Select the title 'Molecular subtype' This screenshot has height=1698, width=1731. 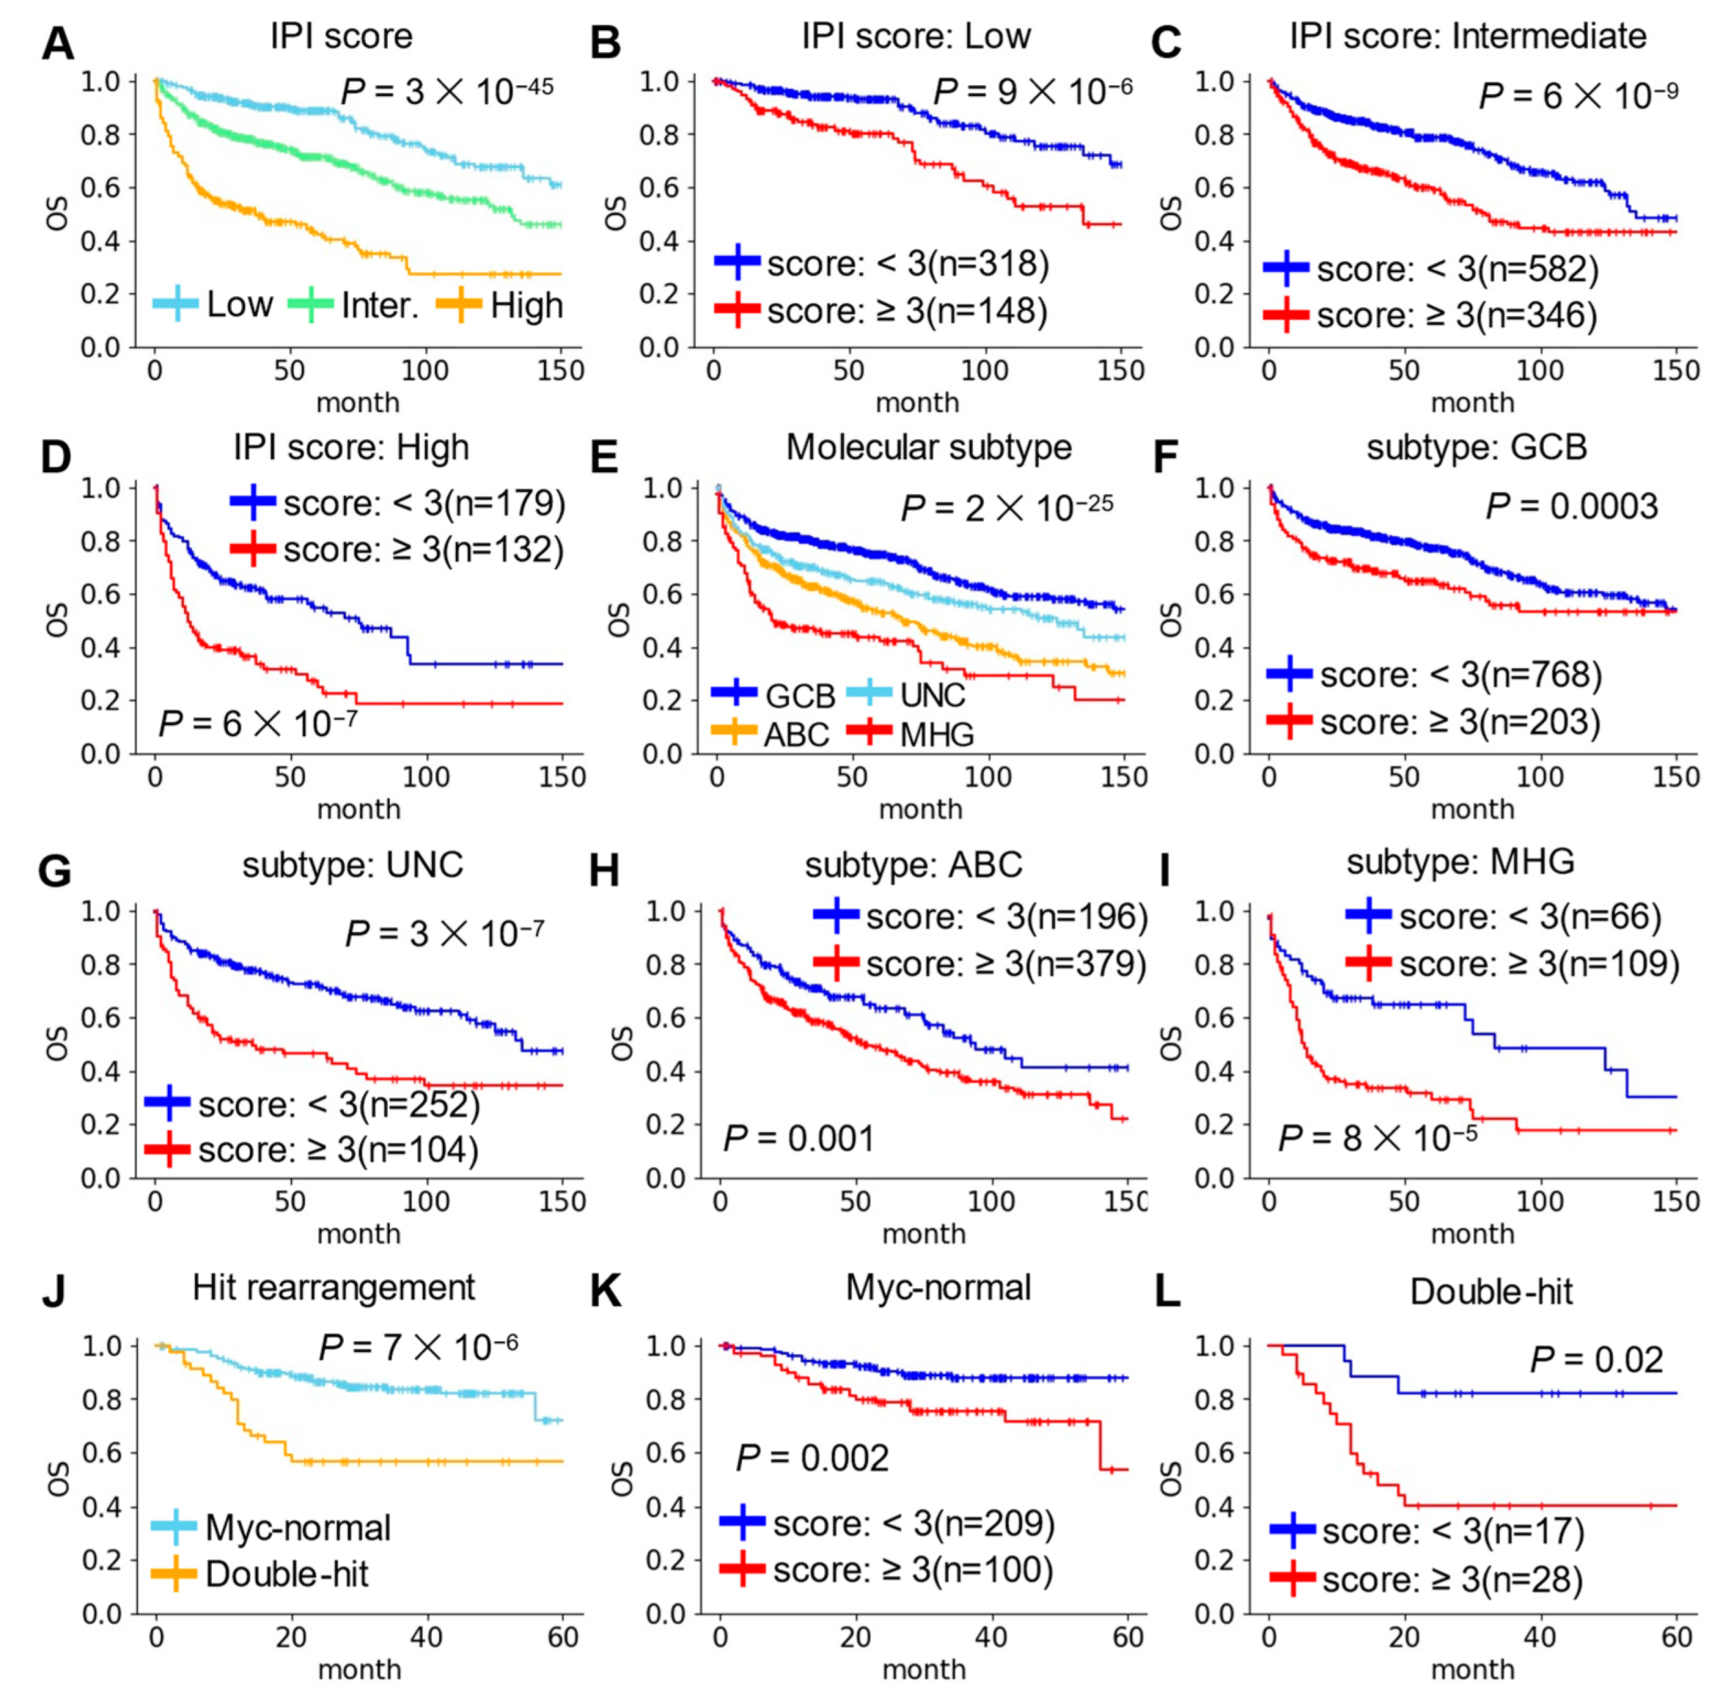[928, 447]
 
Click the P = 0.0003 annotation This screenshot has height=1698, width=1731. [1572, 507]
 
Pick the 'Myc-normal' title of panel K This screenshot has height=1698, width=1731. [938, 1288]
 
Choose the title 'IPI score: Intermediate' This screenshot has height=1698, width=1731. [1468, 36]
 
